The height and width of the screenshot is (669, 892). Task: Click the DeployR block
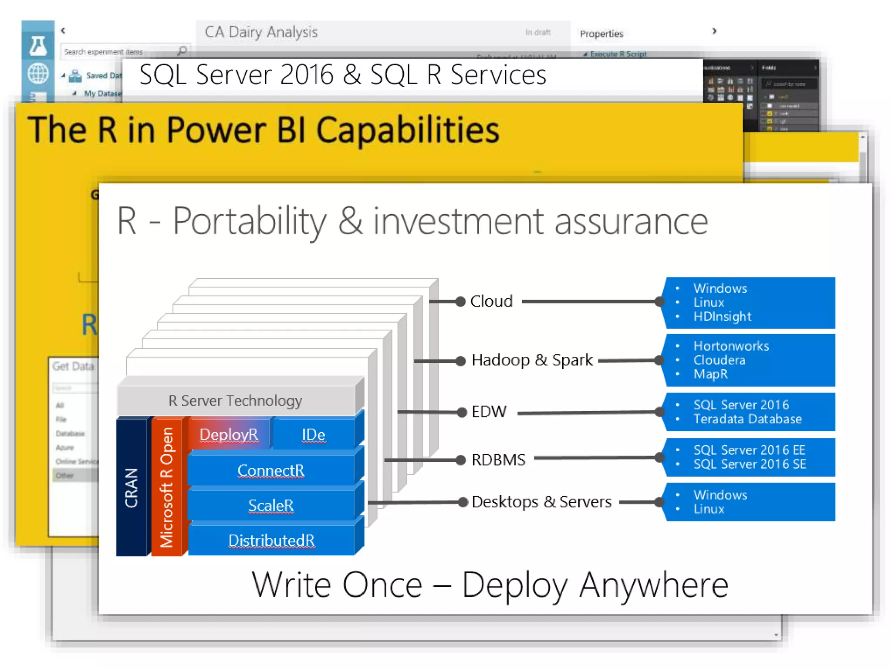[x=229, y=435]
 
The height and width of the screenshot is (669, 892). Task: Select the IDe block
[x=313, y=435]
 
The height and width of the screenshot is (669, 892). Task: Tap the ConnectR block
[x=271, y=470]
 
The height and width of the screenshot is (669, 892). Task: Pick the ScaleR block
[x=271, y=506]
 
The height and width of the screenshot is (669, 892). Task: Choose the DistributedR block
[x=271, y=541]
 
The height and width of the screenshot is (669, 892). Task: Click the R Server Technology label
[x=235, y=401]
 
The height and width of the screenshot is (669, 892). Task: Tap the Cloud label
[x=491, y=301]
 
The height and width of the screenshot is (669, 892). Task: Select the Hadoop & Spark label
[x=532, y=360]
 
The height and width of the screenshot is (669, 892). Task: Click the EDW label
[x=489, y=412]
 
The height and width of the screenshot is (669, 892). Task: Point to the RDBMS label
[x=498, y=460]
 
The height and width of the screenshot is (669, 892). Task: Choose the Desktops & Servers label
[x=541, y=502]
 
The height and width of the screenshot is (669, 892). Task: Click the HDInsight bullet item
[x=722, y=317]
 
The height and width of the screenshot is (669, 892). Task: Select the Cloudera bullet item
[x=719, y=360]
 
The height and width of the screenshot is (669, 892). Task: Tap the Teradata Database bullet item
[x=747, y=419]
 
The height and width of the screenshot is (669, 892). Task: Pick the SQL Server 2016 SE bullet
[x=750, y=464]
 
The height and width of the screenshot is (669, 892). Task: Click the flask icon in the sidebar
[x=38, y=46]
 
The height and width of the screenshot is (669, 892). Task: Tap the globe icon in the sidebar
[x=38, y=73]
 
